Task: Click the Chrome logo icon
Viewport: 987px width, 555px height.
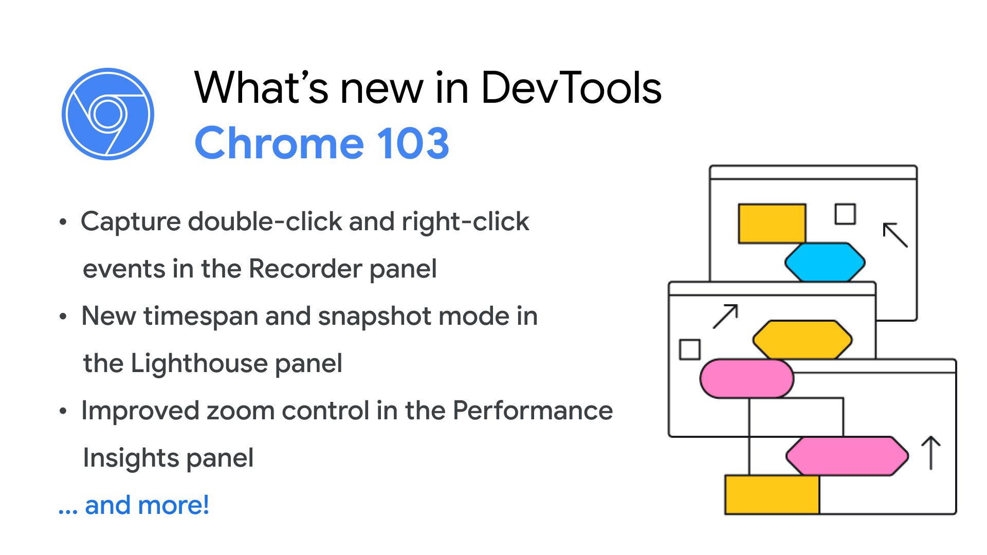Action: (108, 114)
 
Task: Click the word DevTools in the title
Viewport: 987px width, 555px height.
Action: (571, 88)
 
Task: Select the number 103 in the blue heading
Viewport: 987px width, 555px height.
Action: (413, 143)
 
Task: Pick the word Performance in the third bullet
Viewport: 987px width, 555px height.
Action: (533, 411)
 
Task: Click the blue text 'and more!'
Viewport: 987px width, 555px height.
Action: (147, 505)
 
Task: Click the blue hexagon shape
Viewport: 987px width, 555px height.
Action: (825, 262)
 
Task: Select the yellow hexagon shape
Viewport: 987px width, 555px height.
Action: (802, 339)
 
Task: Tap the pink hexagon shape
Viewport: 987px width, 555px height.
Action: (847, 456)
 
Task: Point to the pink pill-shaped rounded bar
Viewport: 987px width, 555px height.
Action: (746, 378)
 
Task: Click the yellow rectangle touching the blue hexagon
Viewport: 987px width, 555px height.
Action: (772, 224)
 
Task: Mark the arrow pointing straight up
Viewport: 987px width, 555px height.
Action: (931, 453)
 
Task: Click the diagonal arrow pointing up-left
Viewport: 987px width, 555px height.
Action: (895, 235)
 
